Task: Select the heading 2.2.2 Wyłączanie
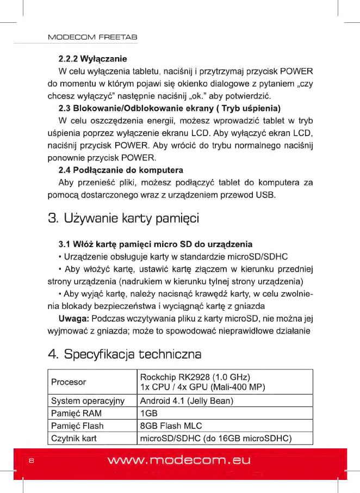(x=92, y=58)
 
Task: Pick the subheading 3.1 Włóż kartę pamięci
(x=155, y=243)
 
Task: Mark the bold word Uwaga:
(x=74, y=318)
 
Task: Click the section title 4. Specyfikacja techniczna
(x=125, y=355)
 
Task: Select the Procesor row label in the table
(x=69, y=382)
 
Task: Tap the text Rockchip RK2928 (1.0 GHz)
(x=194, y=377)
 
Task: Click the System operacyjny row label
(x=88, y=401)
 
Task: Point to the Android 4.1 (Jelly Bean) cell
(x=187, y=401)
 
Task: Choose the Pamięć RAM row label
(x=76, y=414)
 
